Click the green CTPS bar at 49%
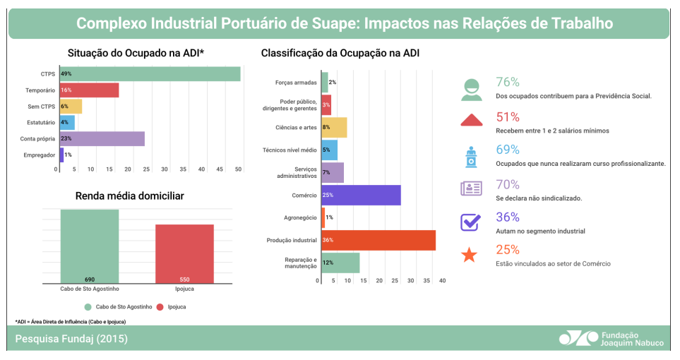(150, 74)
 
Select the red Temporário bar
(90, 90)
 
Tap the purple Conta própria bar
(102, 138)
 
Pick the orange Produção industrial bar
(378, 240)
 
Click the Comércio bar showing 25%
(361, 195)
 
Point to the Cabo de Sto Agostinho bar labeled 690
(90, 246)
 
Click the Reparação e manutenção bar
(340, 263)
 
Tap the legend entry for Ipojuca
(169, 307)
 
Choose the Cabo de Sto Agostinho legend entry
(114, 307)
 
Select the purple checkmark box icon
(470, 222)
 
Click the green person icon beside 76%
(470, 88)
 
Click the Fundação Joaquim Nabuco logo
(611, 338)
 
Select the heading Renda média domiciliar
(130, 196)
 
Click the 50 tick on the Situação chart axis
(238, 169)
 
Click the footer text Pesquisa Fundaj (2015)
(71, 339)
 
